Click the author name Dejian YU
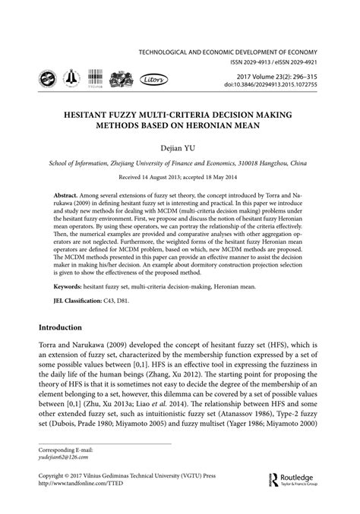tap(180, 149)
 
